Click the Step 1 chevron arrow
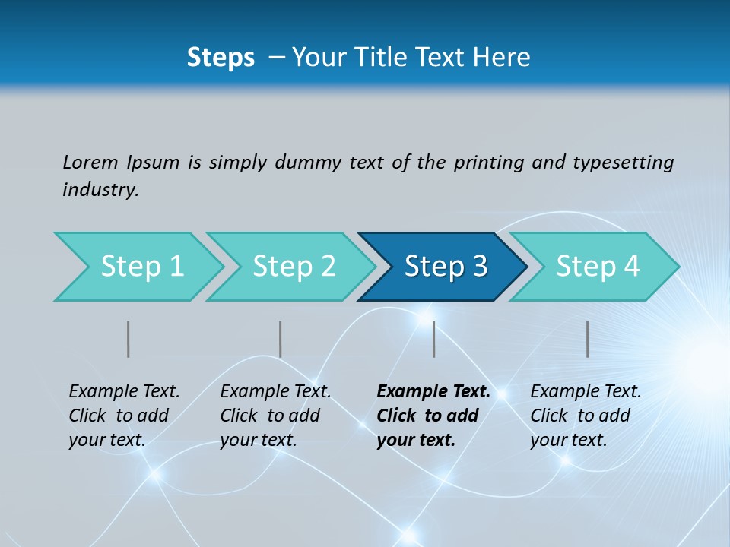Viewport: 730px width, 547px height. pos(141,267)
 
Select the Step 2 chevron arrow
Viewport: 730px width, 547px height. pos(293,267)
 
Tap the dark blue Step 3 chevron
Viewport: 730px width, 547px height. pos(445,267)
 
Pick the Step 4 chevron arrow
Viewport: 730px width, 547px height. pos(597,267)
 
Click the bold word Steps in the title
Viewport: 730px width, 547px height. pos(221,58)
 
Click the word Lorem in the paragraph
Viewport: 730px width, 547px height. pos(90,162)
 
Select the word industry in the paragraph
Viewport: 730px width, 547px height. pos(100,190)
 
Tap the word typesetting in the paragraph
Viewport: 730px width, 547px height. pos(623,163)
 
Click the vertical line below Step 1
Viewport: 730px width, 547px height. pos(129,339)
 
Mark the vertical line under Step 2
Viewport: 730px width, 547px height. pos(281,339)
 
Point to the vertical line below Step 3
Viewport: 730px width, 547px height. pos(434,339)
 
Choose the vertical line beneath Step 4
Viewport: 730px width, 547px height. pos(588,339)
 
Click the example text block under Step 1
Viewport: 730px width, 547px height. pos(124,416)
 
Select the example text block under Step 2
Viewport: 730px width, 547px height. pos(275,416)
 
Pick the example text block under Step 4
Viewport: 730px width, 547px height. pos(586,416)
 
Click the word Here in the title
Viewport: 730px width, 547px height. pos(505,58)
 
